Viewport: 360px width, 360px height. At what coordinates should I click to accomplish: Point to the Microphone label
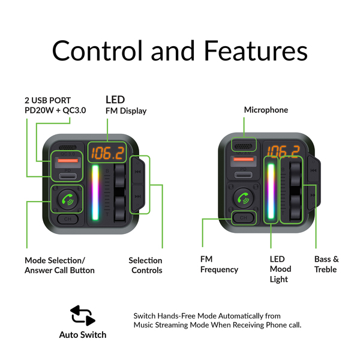point(266,110)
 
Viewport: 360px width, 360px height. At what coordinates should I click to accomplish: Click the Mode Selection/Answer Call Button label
point(59,265)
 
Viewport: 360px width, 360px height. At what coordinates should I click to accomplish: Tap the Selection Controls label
point(145,265)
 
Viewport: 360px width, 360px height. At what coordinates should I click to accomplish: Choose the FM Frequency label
point(219,265)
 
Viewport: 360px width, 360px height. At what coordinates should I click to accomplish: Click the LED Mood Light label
point(280,269)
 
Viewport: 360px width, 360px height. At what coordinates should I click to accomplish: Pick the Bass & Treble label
point(326,265)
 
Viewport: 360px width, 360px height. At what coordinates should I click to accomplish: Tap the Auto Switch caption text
point(83,335)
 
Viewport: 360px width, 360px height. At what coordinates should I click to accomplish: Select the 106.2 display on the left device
point(106,153)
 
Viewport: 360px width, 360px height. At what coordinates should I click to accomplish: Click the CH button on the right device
point(243,218)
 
